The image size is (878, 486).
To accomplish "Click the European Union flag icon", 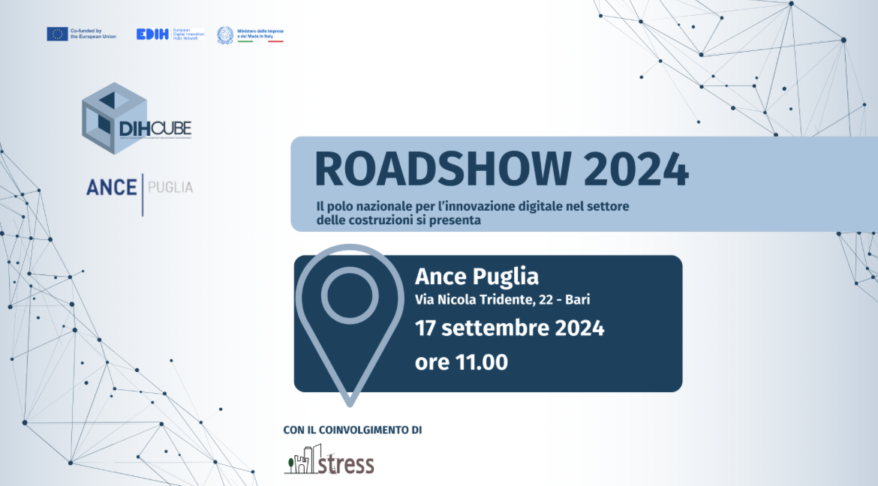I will tap(58, 34).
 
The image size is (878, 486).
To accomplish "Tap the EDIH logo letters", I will tap(152, 34).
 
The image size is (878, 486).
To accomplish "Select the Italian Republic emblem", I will tap(225, 34).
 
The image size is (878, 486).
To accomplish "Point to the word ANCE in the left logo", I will tap(111, 187).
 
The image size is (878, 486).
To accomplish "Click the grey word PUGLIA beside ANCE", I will tap(170, 187).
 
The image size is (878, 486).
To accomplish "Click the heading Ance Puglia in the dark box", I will tap(477, 277).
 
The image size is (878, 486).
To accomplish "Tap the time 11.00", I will tap(482, 362).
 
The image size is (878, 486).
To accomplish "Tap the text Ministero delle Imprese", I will tap(260, 31).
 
